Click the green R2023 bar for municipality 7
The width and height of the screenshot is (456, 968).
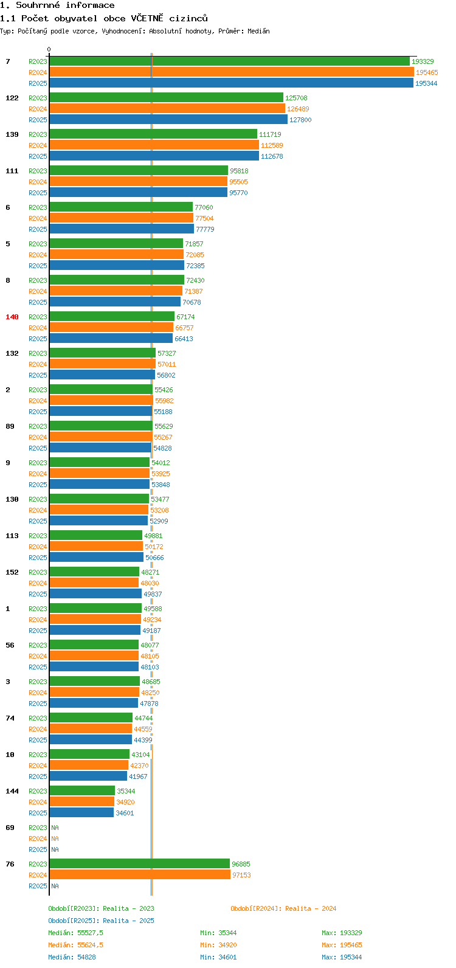pos(229,61)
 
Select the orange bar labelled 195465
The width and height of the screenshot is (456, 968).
pos(231,72)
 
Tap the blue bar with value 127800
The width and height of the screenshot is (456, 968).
pos(168,120)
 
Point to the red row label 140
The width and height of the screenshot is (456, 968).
pos(12,317)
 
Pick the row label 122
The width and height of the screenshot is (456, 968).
pos(12,98)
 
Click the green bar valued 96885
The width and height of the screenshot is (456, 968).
pos(139,864)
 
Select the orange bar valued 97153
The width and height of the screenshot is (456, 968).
pos(140,875)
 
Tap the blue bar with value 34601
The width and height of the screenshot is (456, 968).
pos(81,813)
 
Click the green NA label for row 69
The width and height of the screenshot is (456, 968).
pos(55,828)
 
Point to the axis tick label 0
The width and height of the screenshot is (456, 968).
pos(49,50)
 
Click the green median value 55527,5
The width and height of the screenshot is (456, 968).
pos(90,933)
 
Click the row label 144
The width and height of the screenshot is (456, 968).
pos(12,791)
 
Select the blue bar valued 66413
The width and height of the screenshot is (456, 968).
pos(111,339)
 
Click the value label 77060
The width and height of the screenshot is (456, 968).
pos(204,207)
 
